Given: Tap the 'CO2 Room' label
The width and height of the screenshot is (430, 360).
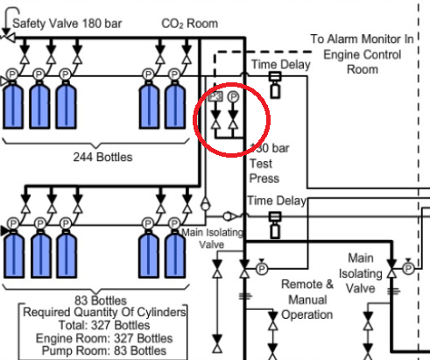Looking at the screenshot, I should pyautogui.click(x=190, y=23).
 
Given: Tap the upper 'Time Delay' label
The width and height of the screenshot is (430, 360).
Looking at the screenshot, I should pyautogui.click(x=278, y=65).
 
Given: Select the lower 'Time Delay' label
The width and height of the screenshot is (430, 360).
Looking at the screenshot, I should pyautogui.click(x=277, y=201).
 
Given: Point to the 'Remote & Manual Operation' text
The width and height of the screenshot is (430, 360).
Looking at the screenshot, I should pyautogui.click(x=307, y=300).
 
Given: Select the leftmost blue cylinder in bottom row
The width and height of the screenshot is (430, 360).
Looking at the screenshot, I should pyautogui.click(x=14, y=252).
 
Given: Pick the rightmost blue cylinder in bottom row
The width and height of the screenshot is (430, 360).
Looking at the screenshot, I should pyautogui.click(x=175, y=252).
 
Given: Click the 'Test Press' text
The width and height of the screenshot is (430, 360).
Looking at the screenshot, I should pyautogui.click(x=265, y=171).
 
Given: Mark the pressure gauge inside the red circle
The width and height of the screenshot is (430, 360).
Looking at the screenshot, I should pyautogui.click(x=233, y=97).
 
